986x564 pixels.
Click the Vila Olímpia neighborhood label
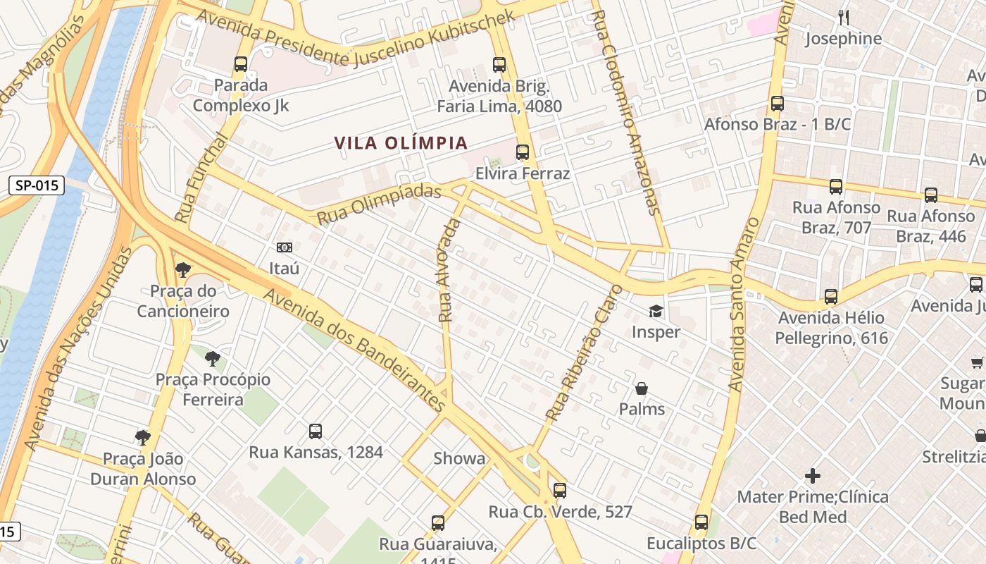point(401,143)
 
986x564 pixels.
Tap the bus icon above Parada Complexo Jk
point(241,64)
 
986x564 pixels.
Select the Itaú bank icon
point(285,247)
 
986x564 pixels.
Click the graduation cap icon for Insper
point(656,311)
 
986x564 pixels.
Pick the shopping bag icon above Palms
point(642,388)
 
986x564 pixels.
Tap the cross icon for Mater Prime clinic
point(813,476)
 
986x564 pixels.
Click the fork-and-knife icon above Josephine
point(843,17)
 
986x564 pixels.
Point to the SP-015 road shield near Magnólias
point(37,186)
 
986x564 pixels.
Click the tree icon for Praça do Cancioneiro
point(183,269)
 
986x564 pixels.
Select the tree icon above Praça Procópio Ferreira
point(213,359)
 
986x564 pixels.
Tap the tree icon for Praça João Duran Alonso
point(143,438)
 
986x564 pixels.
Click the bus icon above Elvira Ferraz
point(523,152)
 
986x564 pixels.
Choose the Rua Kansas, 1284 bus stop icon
point(316,431)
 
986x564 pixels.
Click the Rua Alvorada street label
point(449,271)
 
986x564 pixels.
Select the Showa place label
point(459,458)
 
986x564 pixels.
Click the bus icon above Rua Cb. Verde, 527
point(560,490)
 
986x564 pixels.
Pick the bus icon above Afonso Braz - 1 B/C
point(778,104)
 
